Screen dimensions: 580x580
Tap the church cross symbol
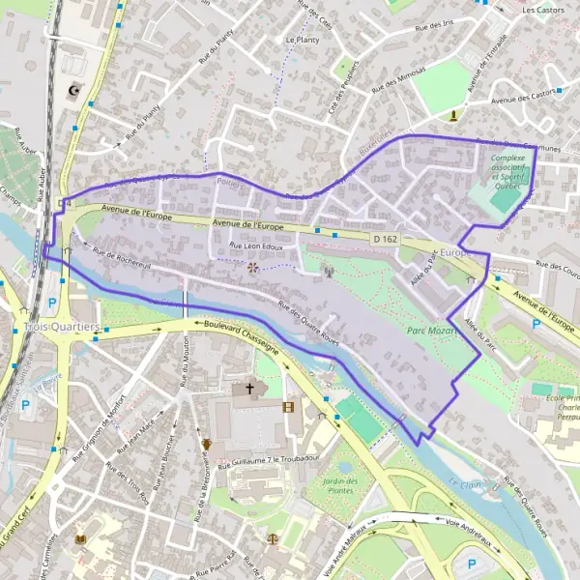pyautogui.click(x=250, y=389)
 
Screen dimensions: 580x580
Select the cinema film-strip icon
pyautogui.click(x=287, y=406)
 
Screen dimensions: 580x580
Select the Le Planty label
pyautogui.click(x=303, y=40)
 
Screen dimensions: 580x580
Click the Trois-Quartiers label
pyautogui.click(x=62, y=327)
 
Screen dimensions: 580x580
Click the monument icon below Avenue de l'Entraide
pyautogui.click(x=453, y=116)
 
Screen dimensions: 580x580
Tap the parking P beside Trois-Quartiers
pyautogui.click(x=51, y=302)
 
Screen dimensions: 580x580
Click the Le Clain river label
pyautogui.click(x=464, y=480)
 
